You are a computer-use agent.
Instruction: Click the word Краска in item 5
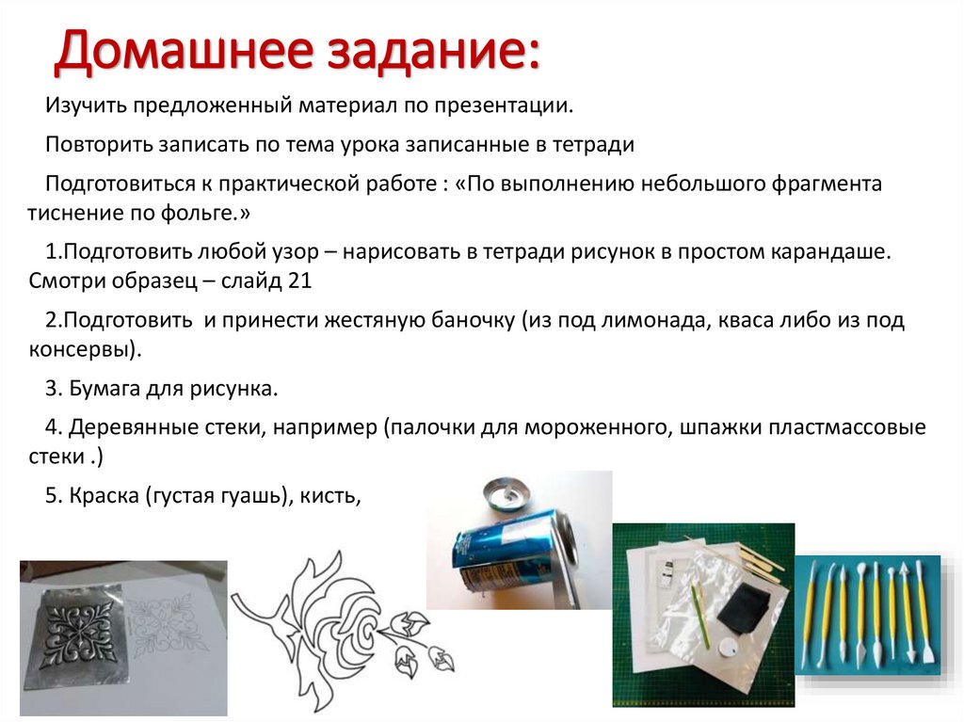click(x=103, y=497)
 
